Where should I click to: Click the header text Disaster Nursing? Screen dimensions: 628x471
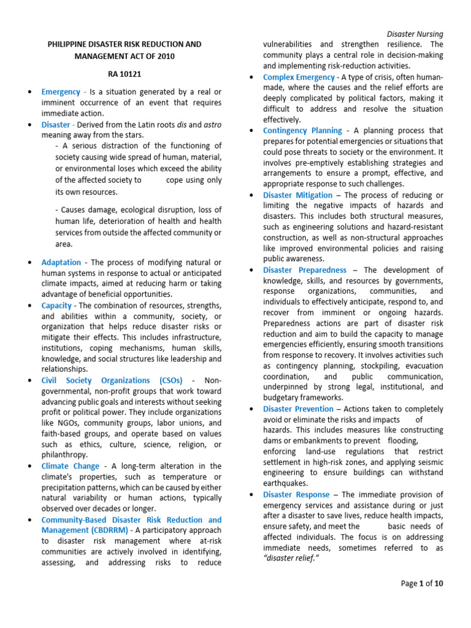pyautogui.click(x=415, y=34)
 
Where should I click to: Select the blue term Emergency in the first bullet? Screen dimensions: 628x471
pyautogui.click(x=61, y=91)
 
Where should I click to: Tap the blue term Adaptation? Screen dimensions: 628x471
pyautogui.click(x=61, y=262)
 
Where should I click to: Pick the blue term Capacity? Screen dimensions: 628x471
pyautogui.click(x=56, y=305)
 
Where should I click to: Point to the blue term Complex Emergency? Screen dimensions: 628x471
pyautogui.click(x=299, y=77)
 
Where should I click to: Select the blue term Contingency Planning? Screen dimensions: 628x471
pyautogui.click(x=302, y=130)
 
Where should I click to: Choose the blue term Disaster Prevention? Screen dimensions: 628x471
pyautogui.click(x=298, y=408)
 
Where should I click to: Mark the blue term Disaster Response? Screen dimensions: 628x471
pyautogui.click(x=296, y=494)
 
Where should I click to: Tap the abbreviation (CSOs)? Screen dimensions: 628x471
pyautogui.click(x=168, y=380)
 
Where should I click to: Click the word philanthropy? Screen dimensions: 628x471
pyautogui.click(x=64, y=454)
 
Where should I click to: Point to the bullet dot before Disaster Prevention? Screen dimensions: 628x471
pyautogui.click(x=253, y=409)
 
